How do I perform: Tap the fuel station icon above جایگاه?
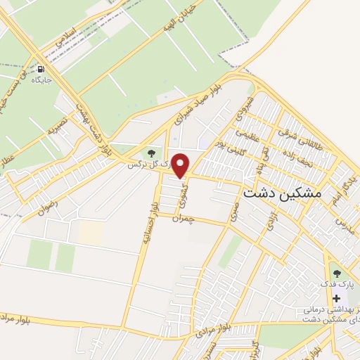pyautogui.click(x=41, y=69)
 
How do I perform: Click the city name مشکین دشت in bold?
pyautogui.click(x=281, y=191)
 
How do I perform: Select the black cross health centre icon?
pyautogui.click(x=335, y=297)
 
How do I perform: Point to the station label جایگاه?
pyautogui.click(x=41, y=80)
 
